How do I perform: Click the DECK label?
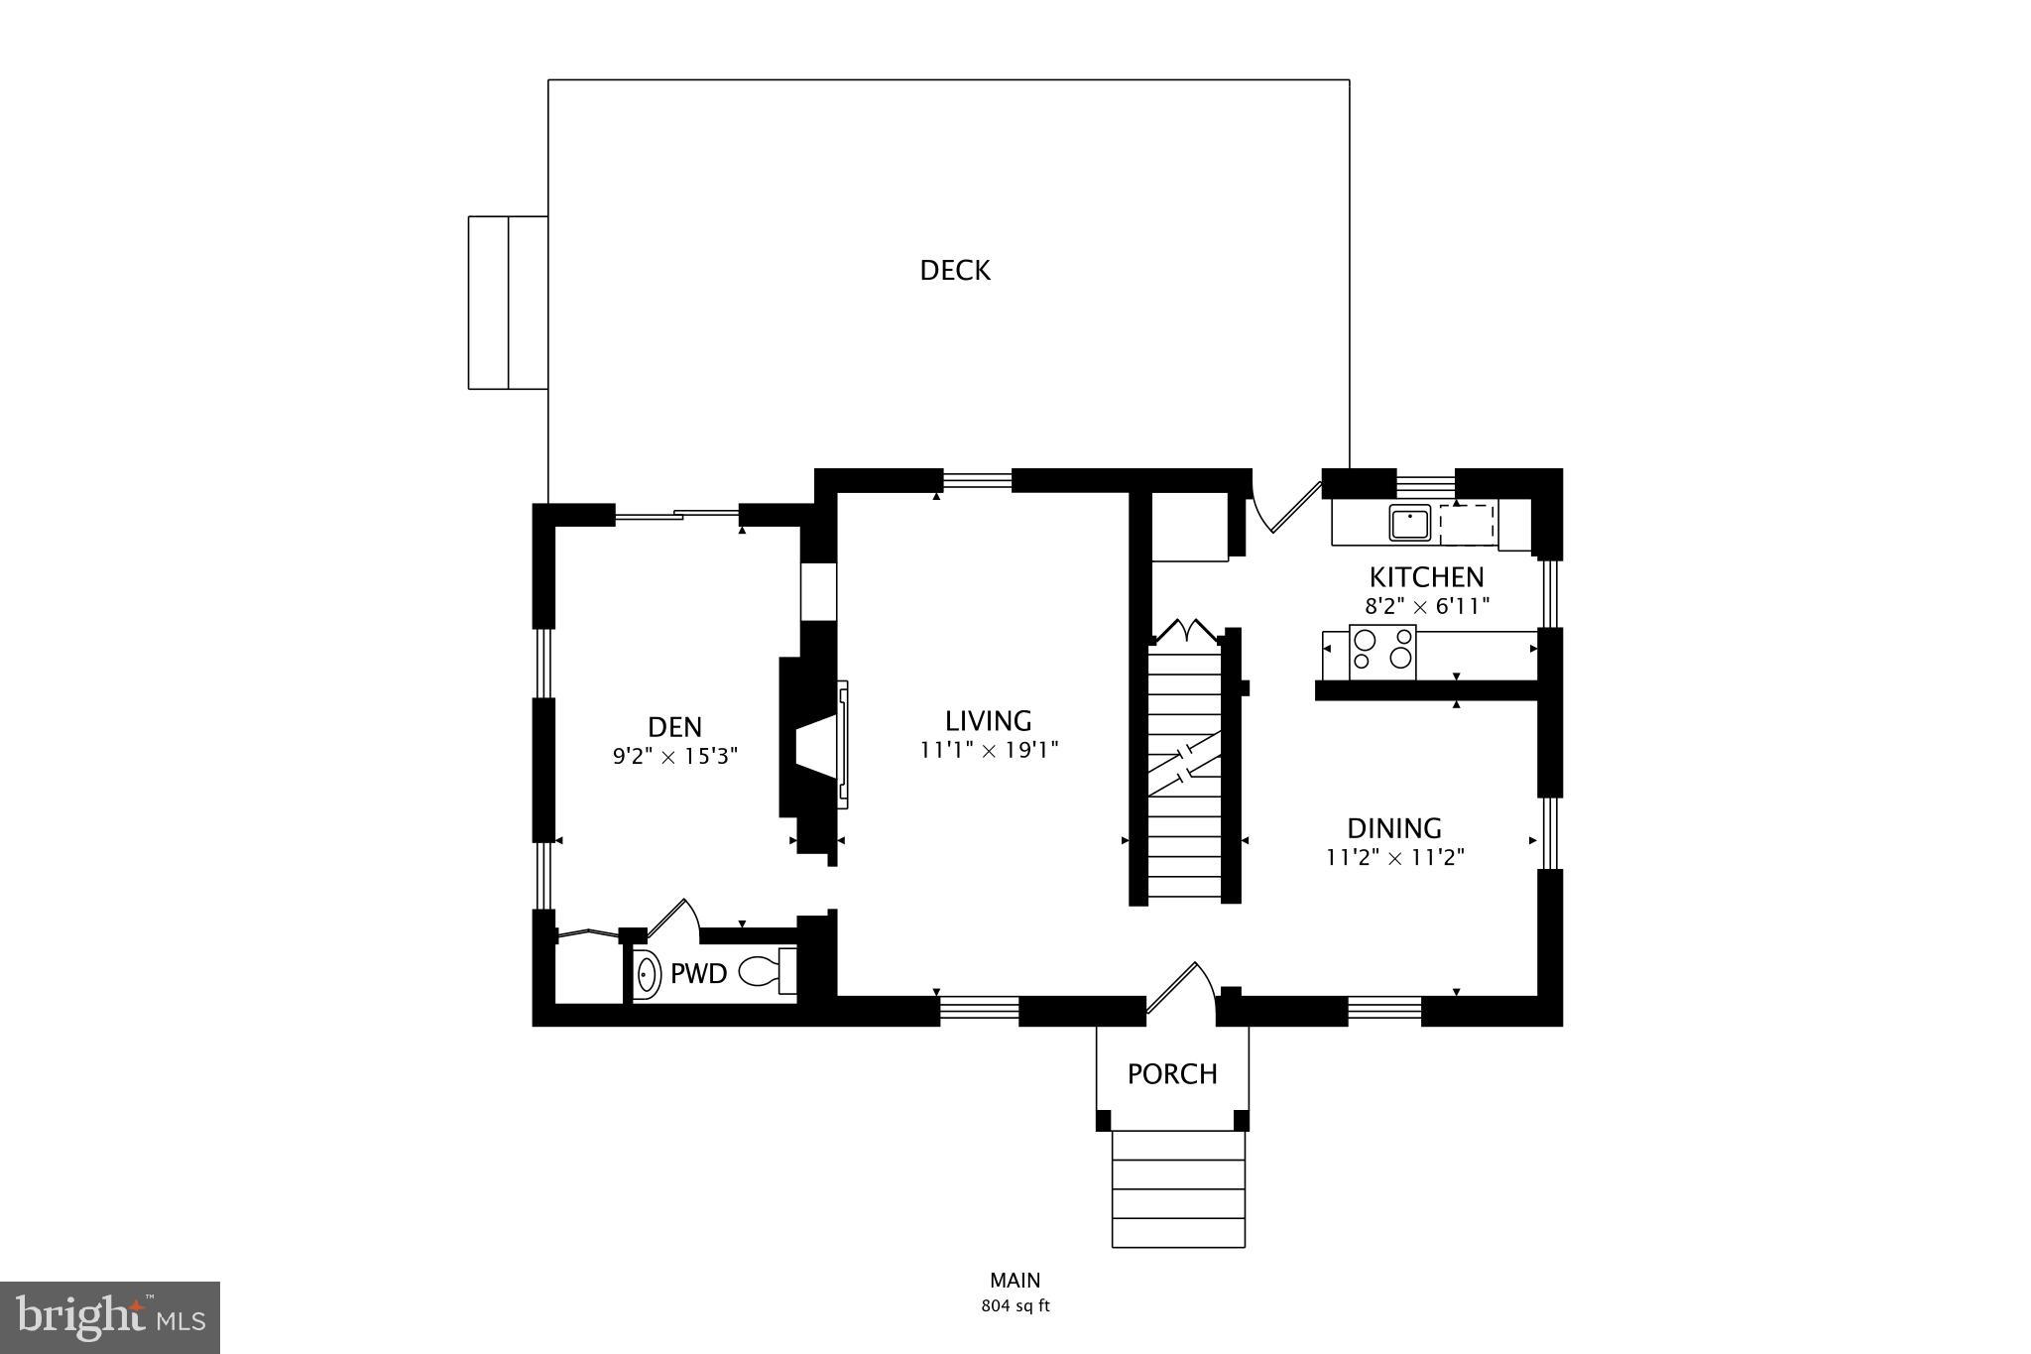954,270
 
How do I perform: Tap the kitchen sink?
1408,522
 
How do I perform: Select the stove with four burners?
1382,651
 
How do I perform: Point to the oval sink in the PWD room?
647,973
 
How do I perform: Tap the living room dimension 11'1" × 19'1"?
989,750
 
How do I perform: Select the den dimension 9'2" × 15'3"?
675,756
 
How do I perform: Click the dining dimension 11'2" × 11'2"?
1395,857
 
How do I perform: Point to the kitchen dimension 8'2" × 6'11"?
1427,605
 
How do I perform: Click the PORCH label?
1172,1073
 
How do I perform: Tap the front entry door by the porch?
1178,989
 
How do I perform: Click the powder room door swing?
674,918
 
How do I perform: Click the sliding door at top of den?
677,515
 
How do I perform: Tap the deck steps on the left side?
508,303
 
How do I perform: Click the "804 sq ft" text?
1015,1306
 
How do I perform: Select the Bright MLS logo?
110,1317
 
